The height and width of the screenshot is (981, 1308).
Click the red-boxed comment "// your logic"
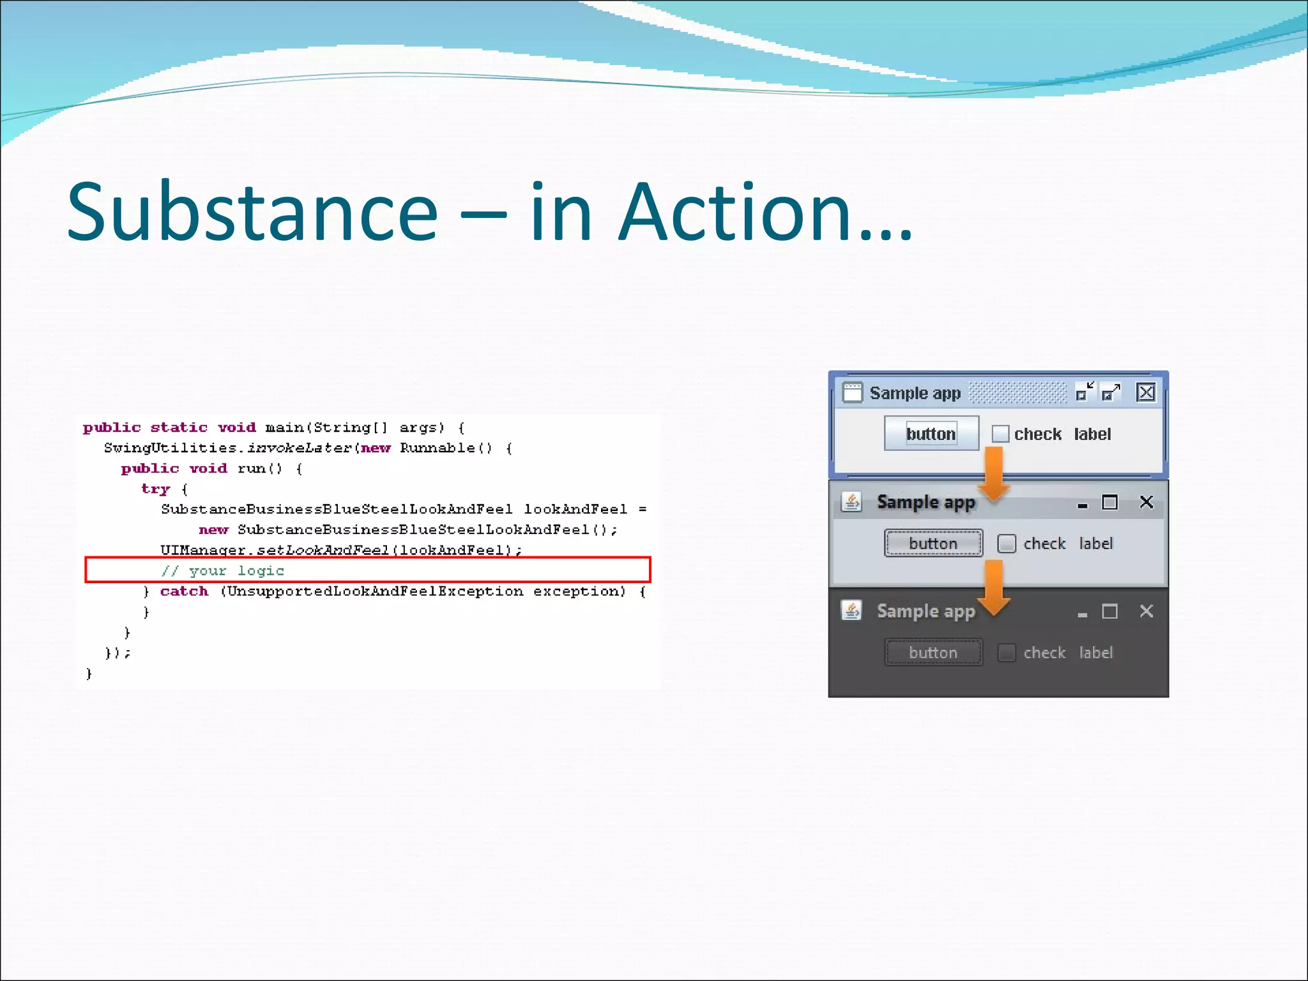click(222, 570)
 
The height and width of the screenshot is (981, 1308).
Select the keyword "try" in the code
click(155, 489)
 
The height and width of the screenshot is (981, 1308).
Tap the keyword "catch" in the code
click(184, 591)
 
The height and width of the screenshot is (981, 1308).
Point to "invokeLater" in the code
click(299, 448)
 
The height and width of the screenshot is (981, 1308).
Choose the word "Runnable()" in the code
click(446, 448)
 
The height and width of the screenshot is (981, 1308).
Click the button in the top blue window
click(931, 434)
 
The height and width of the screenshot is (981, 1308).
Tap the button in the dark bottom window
click(933, 653)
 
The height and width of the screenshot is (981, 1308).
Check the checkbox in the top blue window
click(1000, 434)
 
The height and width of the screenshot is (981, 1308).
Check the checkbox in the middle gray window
click(1007, 544)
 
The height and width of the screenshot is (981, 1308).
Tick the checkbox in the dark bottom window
click(1007, 653)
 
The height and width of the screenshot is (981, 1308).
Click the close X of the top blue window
click(1146, 392)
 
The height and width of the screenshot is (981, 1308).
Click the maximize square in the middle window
click(1110, 503)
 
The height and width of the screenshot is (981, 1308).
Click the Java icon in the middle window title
click(851, 502)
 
